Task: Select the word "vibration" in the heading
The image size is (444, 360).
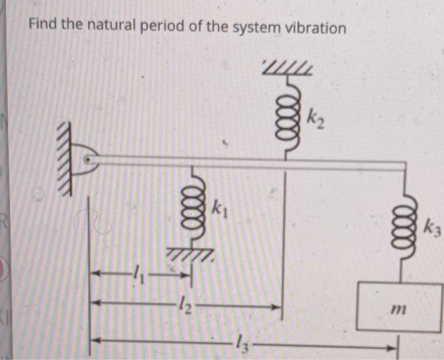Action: point(315,29)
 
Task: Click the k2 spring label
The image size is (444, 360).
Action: point(315,117)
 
